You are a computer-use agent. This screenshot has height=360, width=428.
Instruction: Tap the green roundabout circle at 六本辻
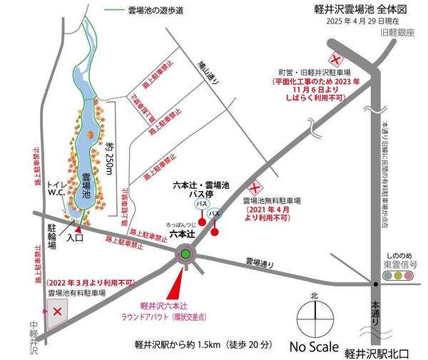point(185,253)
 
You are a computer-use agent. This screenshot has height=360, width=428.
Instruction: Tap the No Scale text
point(315,346)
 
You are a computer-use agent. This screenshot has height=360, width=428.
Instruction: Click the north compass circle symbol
point(313,314)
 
